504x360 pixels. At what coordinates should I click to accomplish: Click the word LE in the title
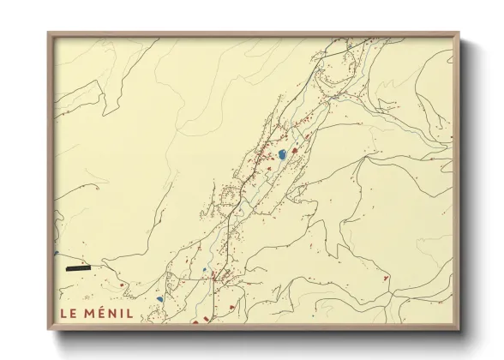pyautogui.click(x=68, y=313)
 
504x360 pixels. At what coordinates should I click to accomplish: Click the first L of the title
pyautogui.click(x=63, y=313)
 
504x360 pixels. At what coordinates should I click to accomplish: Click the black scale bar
pyautogui.click(x=77, y=268)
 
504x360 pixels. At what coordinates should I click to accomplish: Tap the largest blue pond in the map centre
pyautogui.click(x=281, y=155)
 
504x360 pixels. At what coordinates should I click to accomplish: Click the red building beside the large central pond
pyautogui.click(x=296, y=151)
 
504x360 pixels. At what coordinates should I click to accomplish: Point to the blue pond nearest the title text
pyautogui.click(x=159, y=299)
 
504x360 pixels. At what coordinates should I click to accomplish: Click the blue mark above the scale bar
pyautogui.click(x=56, y=253)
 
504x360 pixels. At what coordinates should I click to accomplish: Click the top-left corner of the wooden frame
pyautogui.click(x=49, y=33)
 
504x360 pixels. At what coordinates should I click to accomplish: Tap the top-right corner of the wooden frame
pyautogui.click(x=458, y=33)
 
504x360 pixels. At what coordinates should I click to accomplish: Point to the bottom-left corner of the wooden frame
pyautogui.click(x=49, y=329)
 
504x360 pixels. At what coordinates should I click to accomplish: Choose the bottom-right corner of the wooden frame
pyautogui.click(x=458, y=329)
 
